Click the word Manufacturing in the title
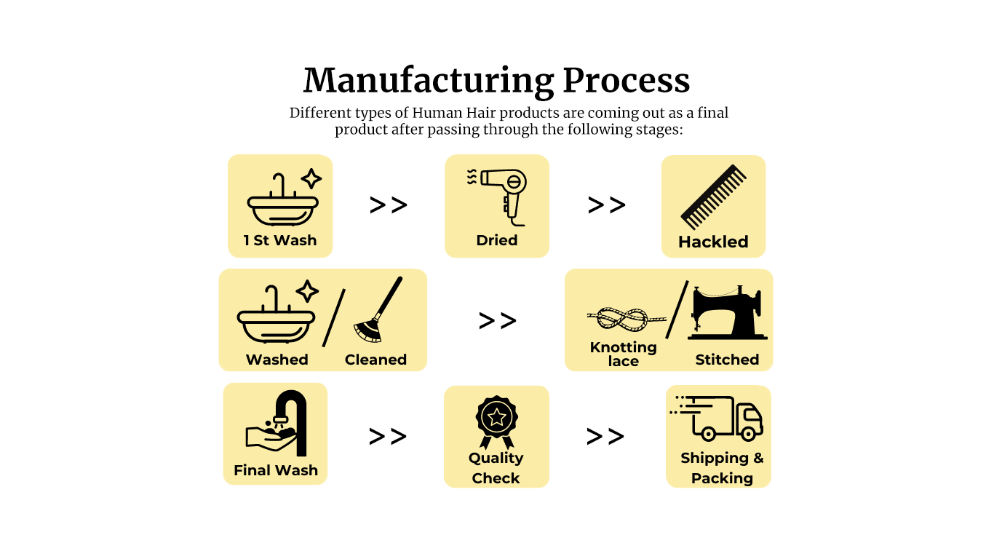pos(429,81)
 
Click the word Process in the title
pos(627,81)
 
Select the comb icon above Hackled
pos(714,197)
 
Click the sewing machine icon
pos(727,314)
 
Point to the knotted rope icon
pos(625,318)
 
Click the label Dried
pos(497,240)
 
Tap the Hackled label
pos(713,242)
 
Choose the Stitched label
pos(727,360)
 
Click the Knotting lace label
pos(624,354)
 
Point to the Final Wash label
pos(276,470)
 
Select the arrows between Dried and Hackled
pos(606,205)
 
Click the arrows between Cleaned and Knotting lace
pos(498,320)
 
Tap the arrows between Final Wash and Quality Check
pos(387,437)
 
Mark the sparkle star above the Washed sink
pos(307,291)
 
